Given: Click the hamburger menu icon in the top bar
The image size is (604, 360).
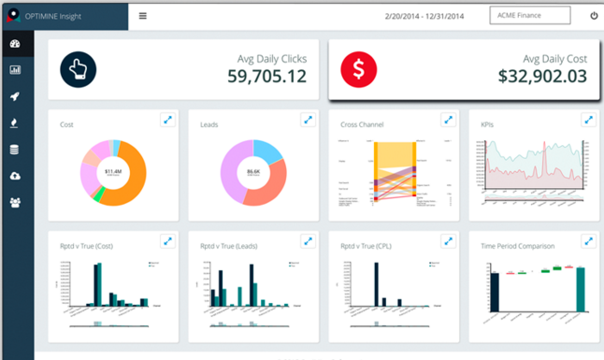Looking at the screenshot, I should coord(142,16).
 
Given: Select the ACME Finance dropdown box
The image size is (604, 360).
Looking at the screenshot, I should coord(529,16).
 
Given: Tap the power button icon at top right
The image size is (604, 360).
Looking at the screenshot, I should coord(594,16).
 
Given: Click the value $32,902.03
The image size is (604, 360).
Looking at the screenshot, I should coord(542,77).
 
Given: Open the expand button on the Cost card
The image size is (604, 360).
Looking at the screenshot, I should coord(166,120).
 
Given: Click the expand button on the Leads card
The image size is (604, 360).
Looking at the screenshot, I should coord(307,120).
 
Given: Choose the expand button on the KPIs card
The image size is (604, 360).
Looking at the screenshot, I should coord(587,120).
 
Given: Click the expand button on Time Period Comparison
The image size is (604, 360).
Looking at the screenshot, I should coord(587,241).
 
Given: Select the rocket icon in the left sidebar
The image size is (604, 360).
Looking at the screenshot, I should coord(15,96).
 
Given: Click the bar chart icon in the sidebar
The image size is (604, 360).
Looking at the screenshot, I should coord(15,70).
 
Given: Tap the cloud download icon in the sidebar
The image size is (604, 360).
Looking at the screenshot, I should coord(15,176).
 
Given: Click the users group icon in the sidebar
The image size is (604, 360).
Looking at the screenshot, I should coord(15,202).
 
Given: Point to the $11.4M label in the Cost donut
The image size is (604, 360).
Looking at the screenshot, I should coord(111,171).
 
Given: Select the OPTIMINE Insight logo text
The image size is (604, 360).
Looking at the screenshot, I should coord(58,16).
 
